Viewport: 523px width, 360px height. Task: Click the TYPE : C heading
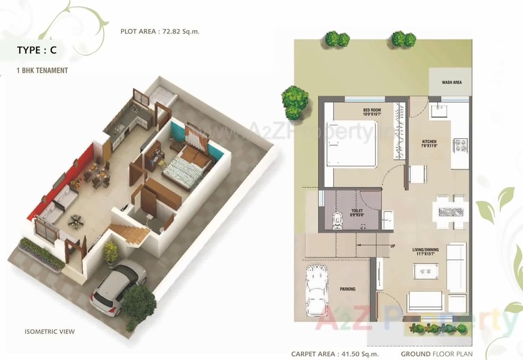[37, 50]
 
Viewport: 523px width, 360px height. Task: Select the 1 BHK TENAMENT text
[42, 70]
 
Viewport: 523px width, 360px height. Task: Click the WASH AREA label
[451, 83]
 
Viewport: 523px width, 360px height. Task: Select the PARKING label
[348, 289]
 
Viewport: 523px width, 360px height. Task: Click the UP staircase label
[392, 246]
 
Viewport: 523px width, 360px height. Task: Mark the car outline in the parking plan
[317, 290]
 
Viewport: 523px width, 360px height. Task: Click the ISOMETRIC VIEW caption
[49, 331]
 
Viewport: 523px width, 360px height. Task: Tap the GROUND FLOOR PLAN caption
[436, 354]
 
